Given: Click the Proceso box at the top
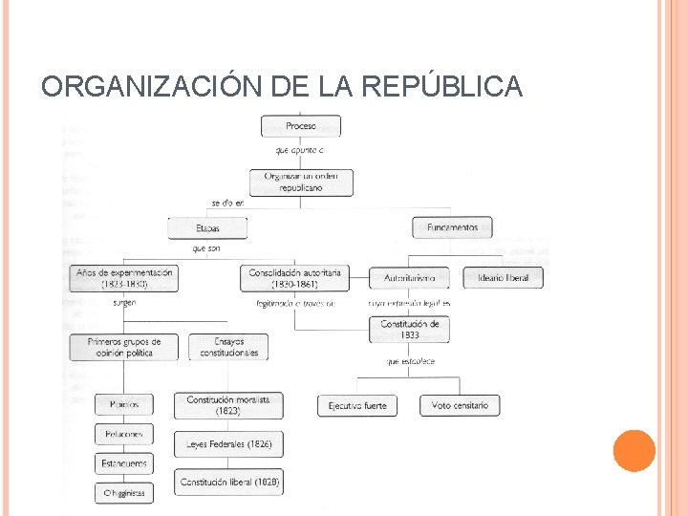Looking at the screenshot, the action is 301,126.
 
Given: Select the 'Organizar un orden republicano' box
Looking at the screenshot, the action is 301,182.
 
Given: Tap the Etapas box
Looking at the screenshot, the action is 207,228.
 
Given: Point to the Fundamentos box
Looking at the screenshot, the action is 452,228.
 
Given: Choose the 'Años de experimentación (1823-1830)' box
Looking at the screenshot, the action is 124,278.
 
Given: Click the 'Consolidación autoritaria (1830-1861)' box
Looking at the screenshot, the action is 295,278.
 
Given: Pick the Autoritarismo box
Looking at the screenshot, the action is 409,278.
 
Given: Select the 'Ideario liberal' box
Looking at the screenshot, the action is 503,278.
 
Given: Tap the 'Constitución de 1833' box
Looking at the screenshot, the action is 409,330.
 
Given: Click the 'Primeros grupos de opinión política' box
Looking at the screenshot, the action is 124,347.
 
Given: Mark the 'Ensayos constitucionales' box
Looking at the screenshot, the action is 228,347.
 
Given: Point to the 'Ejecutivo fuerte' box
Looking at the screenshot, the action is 357,405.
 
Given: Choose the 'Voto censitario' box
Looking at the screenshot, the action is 460,405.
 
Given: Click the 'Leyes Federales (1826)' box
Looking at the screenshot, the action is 228,444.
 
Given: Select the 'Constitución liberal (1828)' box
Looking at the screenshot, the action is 228,483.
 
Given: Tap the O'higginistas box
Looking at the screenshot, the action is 124,493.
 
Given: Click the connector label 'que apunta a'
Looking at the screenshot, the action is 300,151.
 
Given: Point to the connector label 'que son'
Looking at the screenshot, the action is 206,248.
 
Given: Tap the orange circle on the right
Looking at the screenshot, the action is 634,451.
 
